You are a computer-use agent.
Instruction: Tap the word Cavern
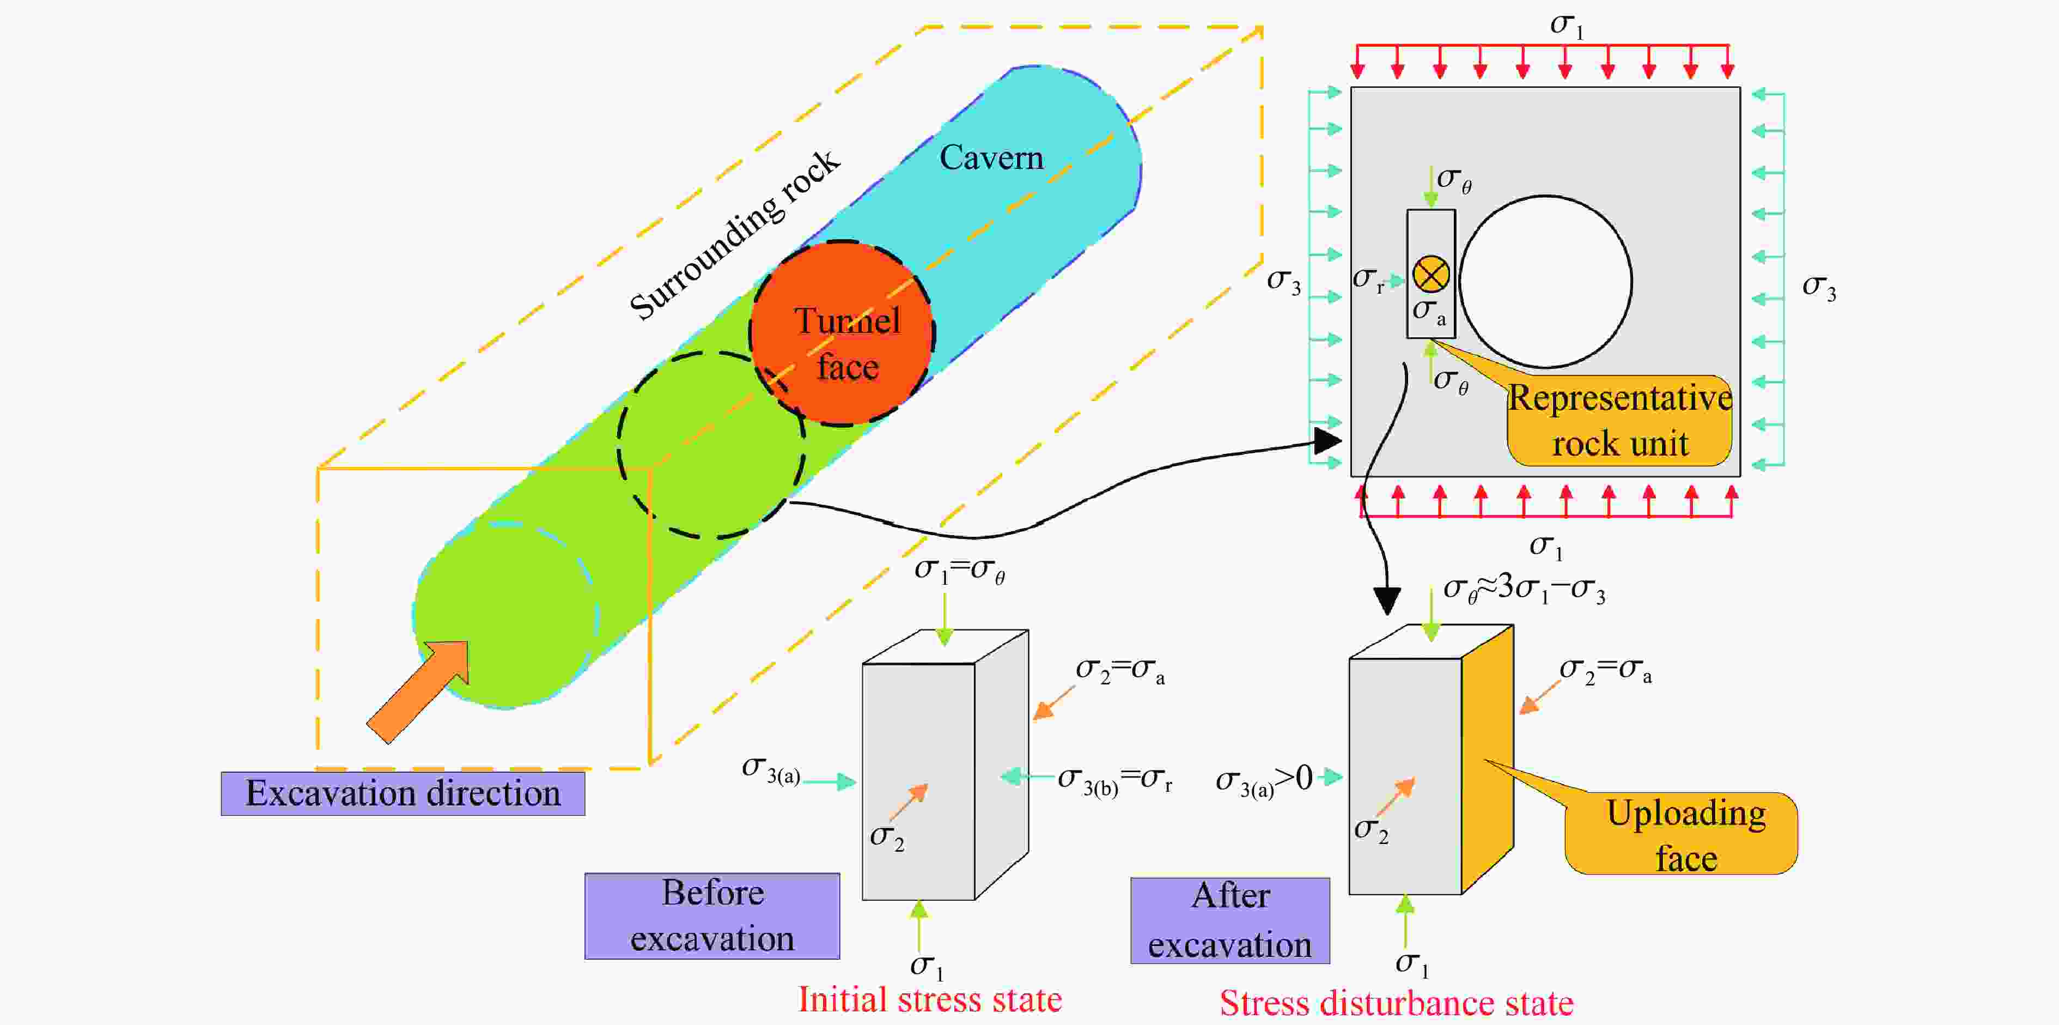(x=991, y=157)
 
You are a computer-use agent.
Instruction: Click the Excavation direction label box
(x=403, y=793)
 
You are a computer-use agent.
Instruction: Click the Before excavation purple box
(x=712, y=915)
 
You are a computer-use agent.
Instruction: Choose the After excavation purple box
(x=1230, y=920)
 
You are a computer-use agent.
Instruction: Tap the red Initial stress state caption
(x=930, y=999)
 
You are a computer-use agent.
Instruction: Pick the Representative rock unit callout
(x=1619, y=421)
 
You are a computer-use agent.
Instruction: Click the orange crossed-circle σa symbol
(x=1431, y=274)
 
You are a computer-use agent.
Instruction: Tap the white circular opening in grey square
(x=1546, y=281)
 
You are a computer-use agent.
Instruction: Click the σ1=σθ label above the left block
(x=959, y=570)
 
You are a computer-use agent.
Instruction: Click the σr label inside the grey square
(x=1368, y=279)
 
